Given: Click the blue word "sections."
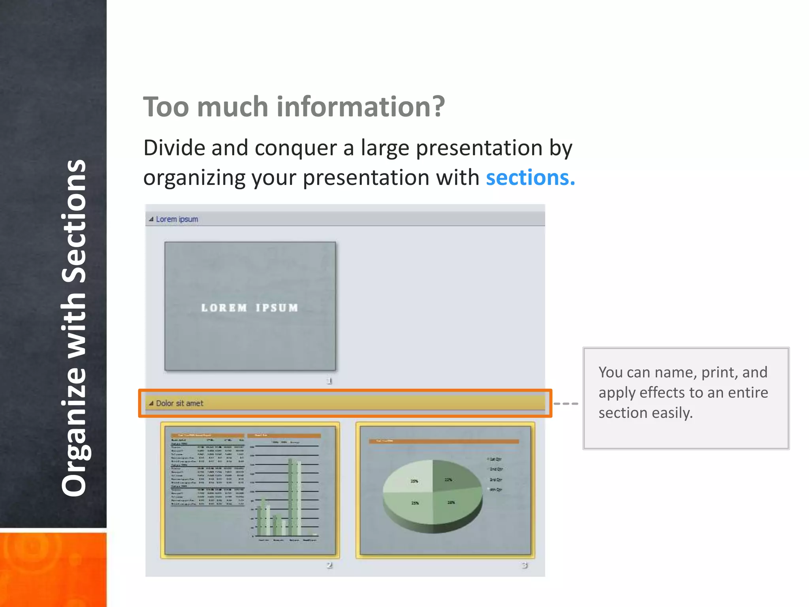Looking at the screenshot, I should point(530,178).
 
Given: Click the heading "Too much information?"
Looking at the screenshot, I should point(294,107).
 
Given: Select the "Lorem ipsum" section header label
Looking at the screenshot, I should point(177,219).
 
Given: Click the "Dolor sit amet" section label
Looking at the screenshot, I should point(179,403).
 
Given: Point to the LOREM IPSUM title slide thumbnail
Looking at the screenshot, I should point(250,306).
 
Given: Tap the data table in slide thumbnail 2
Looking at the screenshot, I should point(207,470).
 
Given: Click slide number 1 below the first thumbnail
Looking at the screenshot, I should point(329,381).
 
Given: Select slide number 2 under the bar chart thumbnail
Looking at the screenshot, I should point(329,565).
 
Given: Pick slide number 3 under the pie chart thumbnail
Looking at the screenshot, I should point(524,565).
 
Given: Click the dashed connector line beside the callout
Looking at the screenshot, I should point(566,403).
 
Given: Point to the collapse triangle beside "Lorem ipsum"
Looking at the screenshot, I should point(151,219).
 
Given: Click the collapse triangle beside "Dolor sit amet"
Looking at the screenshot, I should point(151,403).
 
